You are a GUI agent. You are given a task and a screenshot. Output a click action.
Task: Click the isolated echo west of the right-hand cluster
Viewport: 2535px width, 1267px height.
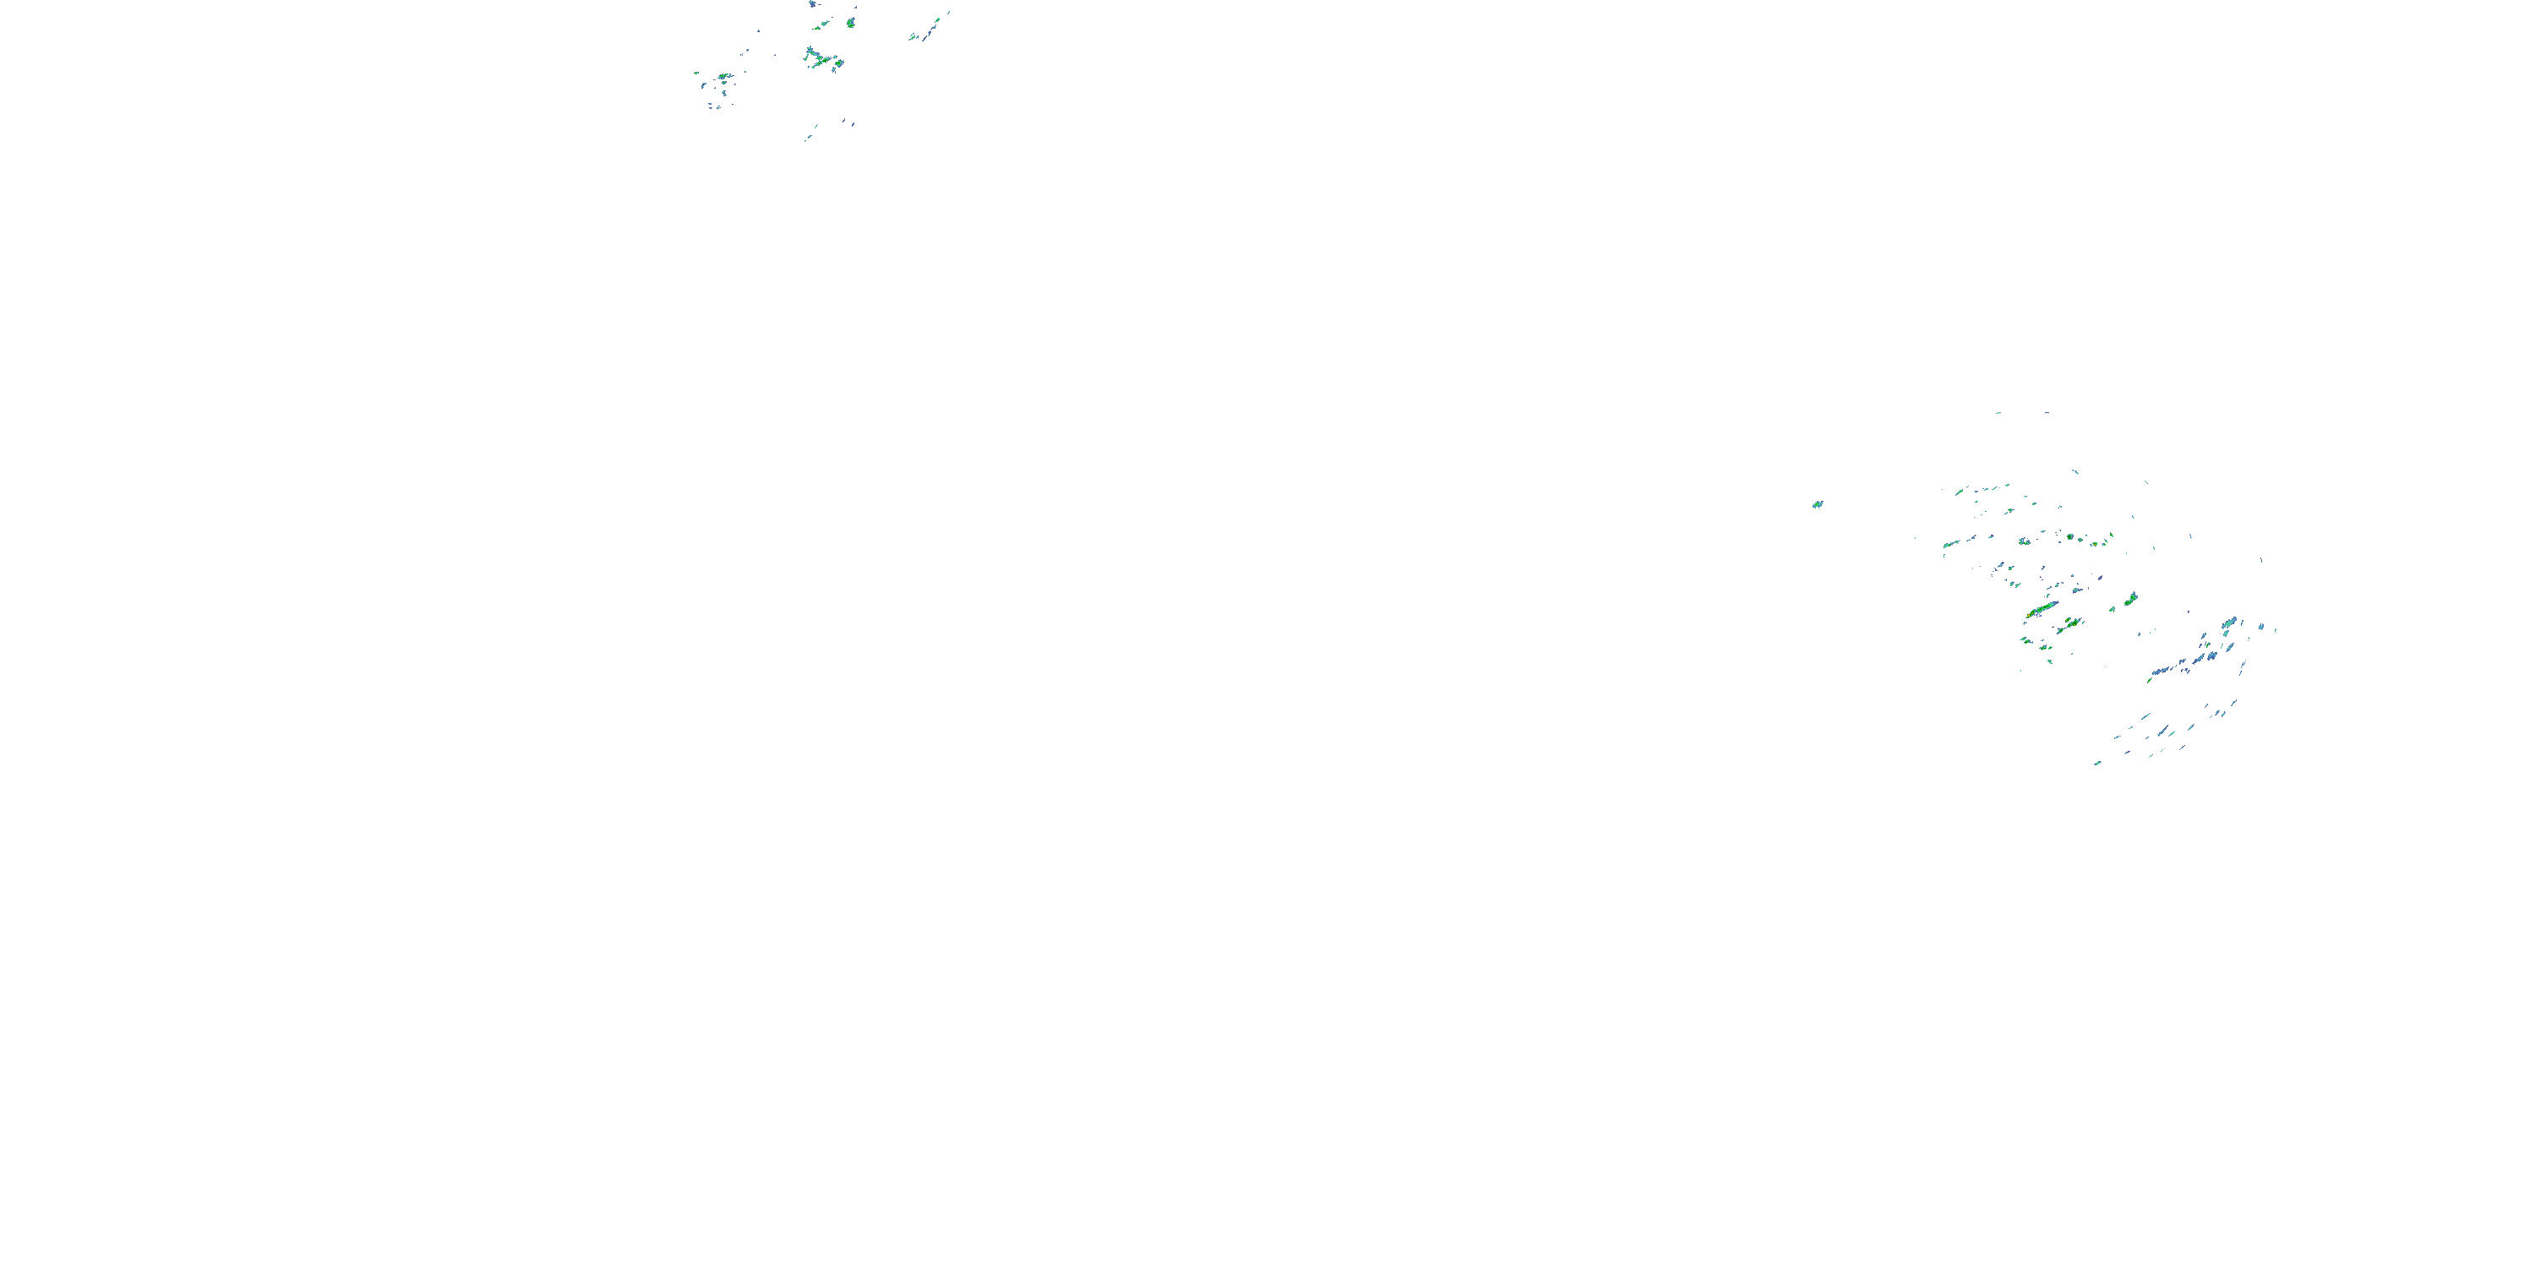(1817, 504)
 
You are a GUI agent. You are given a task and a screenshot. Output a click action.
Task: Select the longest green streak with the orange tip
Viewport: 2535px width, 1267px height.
(2041, 611)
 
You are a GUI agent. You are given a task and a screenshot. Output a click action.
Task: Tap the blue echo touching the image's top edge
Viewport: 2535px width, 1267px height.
(813, 4)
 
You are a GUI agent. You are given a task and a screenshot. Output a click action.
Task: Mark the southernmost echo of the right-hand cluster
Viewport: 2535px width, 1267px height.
(2097, 763)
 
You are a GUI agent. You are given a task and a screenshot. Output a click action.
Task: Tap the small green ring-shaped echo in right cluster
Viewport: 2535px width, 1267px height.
(2070, 537)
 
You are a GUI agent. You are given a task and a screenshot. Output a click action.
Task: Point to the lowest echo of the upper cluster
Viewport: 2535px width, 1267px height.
(807, 139)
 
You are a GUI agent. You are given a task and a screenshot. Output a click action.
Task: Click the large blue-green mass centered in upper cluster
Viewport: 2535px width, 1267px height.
(819, 60)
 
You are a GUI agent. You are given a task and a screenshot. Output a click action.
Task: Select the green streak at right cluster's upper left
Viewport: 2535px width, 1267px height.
(1961, 491)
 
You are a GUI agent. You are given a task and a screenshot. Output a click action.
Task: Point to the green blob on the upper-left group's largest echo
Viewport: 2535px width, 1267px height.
(725, 76)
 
